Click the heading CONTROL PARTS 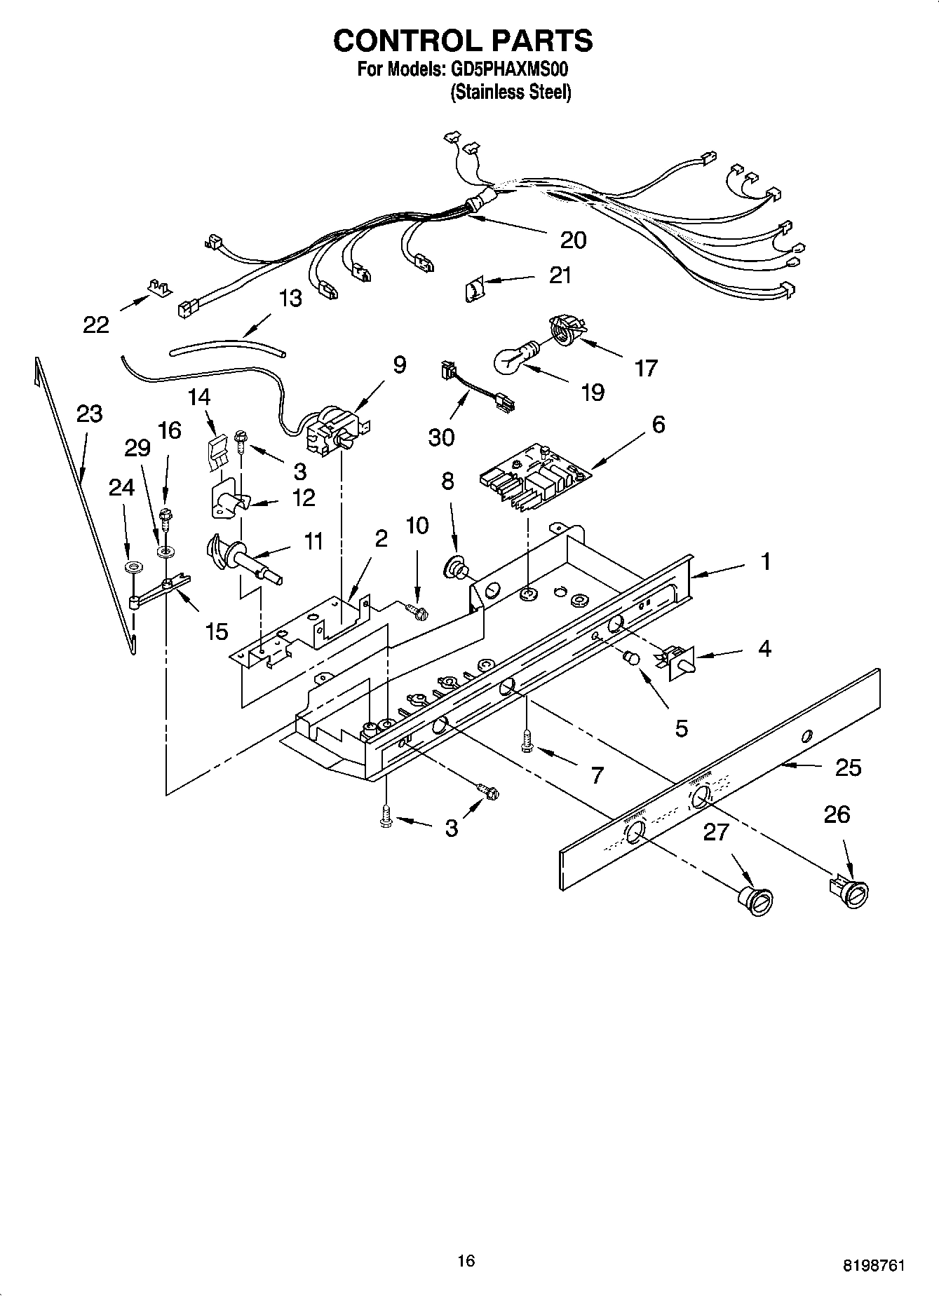(x=462, y=41)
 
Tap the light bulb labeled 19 (x=516, y=357)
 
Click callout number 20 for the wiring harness (x=573, y=240)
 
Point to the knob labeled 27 (x=755, y=899)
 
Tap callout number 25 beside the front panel (x=848, y=768)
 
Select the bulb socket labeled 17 (x=565, y=329)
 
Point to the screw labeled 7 (x=527, y=742)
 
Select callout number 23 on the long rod (x=89, y=414)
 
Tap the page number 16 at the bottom (x=466, y=1261)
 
